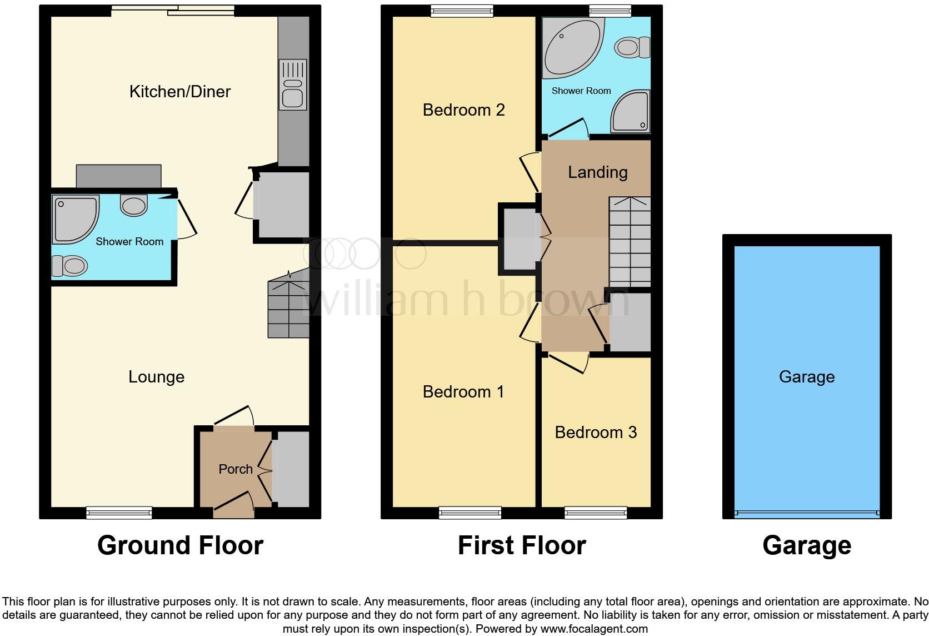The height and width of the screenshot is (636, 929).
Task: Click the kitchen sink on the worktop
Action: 293,86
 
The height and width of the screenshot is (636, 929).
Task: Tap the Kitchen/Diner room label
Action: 179,92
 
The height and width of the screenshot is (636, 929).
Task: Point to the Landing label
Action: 597,172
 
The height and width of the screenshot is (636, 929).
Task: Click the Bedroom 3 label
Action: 596,433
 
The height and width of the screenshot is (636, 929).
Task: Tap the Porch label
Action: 235,469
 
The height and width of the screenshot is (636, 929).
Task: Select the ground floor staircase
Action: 288,309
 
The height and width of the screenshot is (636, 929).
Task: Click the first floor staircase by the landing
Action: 630,242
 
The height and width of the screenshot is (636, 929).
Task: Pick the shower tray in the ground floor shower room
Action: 75,218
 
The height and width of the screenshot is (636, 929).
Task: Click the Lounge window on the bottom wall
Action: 119,513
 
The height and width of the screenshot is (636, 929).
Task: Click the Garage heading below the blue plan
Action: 807,545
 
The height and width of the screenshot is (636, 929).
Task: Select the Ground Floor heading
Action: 180,545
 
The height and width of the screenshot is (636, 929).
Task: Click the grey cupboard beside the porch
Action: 291,469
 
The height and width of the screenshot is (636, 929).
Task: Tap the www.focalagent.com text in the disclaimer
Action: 594,629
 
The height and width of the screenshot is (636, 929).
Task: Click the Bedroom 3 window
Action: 596,513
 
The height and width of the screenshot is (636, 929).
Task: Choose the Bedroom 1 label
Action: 463,392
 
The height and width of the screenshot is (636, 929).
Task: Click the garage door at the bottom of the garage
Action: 807,513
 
